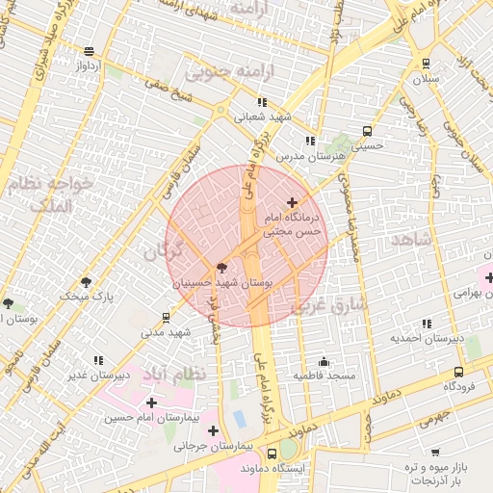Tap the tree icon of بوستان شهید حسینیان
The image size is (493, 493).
tap(222, 268)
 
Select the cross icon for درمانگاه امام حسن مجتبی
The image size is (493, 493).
tap(293, 202)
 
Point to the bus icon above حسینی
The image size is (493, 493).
tap(366, 131)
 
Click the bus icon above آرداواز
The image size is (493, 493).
tap(90, 52)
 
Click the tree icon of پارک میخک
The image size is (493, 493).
tap(87, 282)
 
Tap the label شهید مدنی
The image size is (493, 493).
tap(167, 332)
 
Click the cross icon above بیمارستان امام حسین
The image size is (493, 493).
tap(151, 402)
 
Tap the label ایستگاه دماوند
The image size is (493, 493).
tap(287, 468)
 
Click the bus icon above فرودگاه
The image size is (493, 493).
tap(457, 372)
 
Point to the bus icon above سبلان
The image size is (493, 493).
tap(427, 62)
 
